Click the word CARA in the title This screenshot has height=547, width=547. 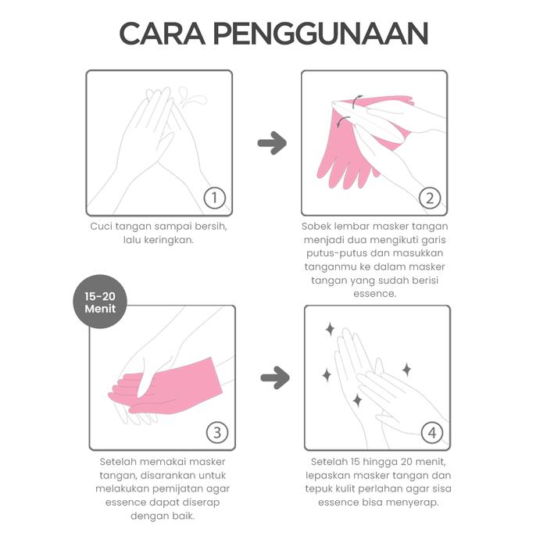tap(163, 34)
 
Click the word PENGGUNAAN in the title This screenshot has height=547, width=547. tap(320, 34)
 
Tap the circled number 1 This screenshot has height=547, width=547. tap(215, 198)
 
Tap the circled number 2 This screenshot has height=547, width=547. tap(430, 198)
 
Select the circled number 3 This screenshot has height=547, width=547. tap(217, 433)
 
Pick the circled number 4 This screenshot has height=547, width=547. tap(432, 433)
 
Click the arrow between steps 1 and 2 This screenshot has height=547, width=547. tap(272, 143)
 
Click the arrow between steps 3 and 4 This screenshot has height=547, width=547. tap(275, 377)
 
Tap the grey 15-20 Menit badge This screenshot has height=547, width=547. tap(100, 302)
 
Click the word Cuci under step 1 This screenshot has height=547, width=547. tap(101, 227)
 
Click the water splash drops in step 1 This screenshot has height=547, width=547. tap(191, 97)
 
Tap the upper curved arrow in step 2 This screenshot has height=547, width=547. tap(356, 101)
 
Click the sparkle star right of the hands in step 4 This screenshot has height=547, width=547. tap(406, 370)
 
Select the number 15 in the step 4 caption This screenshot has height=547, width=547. tap(355, 462)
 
